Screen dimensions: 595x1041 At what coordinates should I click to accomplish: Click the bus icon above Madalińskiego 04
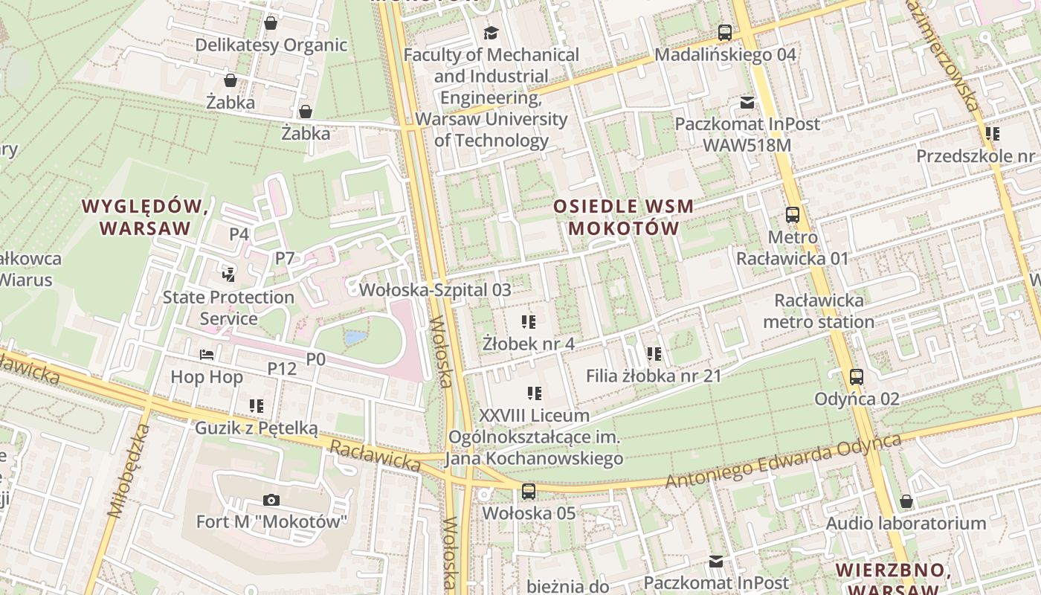point(725,33)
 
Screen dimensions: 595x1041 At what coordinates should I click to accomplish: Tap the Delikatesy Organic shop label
point(271,45)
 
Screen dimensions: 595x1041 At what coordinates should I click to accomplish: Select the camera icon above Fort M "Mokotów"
point(271,500)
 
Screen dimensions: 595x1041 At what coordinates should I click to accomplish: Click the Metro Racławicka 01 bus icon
point(793,215)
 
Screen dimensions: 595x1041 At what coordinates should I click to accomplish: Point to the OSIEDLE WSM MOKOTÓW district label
point(624,217)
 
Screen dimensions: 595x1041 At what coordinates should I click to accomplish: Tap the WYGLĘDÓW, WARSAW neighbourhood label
point(145,216)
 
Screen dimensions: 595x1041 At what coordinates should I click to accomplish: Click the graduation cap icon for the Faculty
point(491,33)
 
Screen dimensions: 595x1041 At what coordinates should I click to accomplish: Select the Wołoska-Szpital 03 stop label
point(435,290)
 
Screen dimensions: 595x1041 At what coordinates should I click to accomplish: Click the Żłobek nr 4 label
point(528,344)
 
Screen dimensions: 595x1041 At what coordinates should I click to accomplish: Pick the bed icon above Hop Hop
point(207,356)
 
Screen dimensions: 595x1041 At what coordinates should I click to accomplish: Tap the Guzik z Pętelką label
point(256,428)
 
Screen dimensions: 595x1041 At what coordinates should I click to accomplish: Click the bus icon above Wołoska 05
point(528,491)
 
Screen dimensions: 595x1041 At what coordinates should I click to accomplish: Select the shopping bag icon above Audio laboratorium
point(906,502)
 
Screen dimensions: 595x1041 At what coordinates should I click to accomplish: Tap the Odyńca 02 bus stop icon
point(857,377)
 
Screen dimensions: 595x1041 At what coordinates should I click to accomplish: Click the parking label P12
point(282,368)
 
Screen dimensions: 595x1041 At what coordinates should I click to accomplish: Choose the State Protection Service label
point(228,308)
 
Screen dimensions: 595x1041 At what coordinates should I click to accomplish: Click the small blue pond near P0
point(355,338)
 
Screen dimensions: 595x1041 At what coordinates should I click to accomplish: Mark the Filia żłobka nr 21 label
point(654,376)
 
